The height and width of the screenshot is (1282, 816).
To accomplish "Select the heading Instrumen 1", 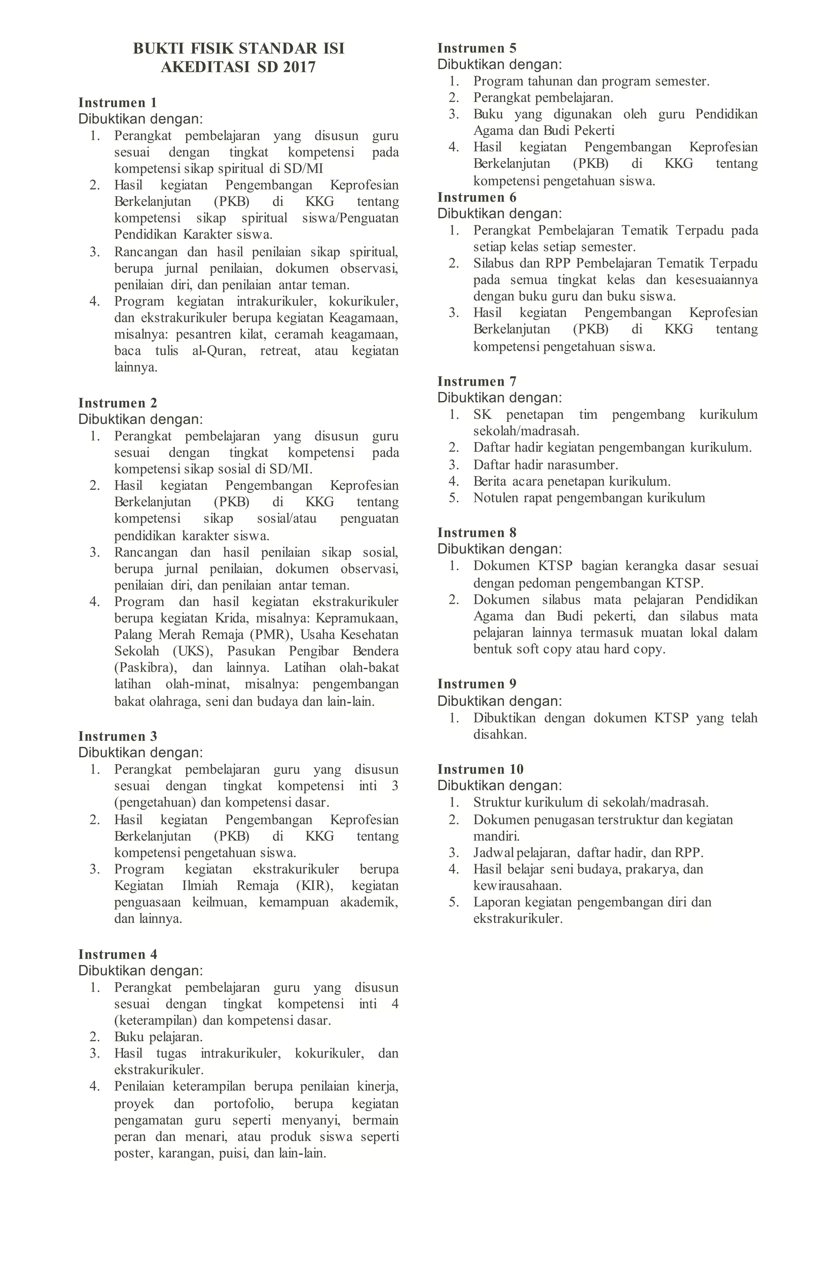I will pos(118,102).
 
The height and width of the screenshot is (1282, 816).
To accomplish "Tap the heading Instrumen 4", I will pos(118,954).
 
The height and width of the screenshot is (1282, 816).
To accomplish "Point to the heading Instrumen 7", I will pos(477,381).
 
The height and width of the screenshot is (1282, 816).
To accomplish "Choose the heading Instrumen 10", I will pos(480,769).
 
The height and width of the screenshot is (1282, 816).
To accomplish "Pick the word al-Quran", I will pos(219,351).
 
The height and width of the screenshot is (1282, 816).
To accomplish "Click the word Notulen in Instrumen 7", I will pos(495,498).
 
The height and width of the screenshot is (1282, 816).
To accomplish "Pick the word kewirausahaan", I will pos(518,885).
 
